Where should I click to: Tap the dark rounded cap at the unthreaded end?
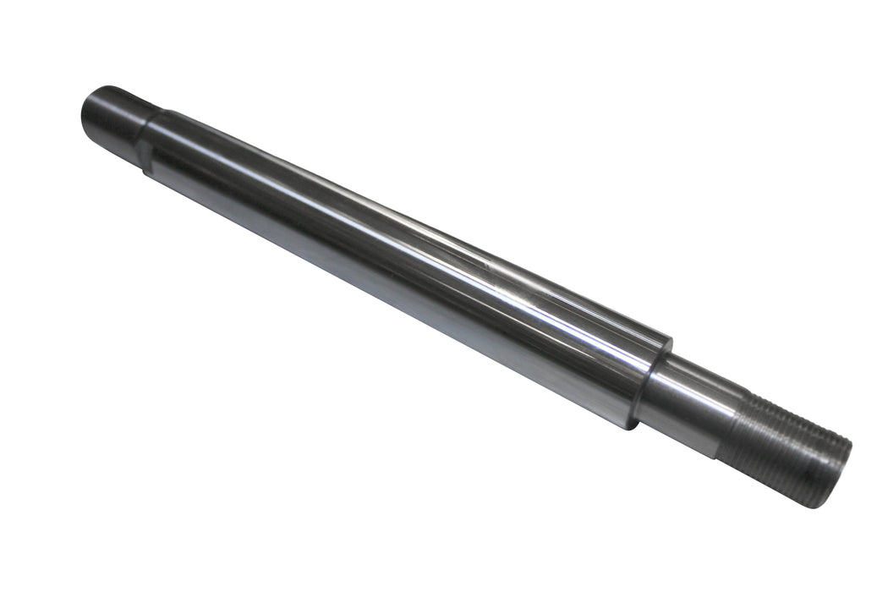pos(110,113)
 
